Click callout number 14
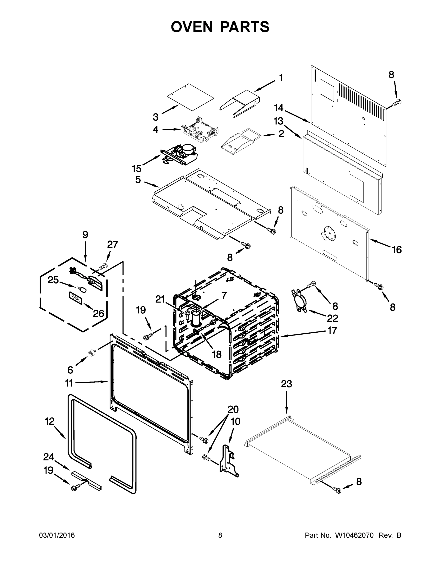[278, 108]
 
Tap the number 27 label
[113, 244]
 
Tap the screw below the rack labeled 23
[337, 491]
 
